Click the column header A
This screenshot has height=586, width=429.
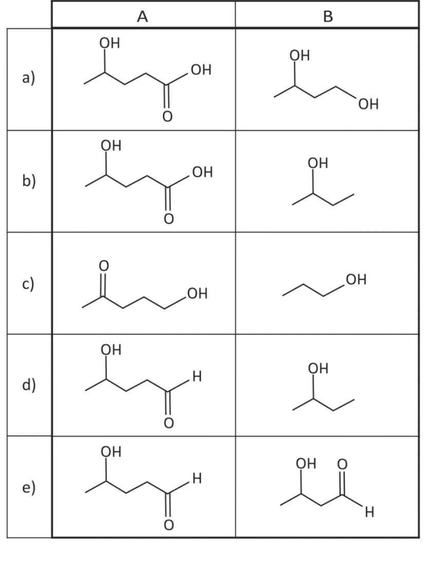[142, 16]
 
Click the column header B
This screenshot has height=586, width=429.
[328, 16]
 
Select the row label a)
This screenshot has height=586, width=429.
[29, 78]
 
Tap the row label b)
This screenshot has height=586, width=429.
[29, 180]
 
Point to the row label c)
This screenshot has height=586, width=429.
[28, 283]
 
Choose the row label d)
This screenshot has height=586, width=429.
[29, 385]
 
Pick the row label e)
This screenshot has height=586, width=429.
[29, 487]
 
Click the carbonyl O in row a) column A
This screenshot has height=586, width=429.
[167, 117]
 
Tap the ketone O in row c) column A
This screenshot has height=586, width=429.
[104, 266]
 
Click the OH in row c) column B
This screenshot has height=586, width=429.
[356, 279]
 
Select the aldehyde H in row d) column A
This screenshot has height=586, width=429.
[197, 376]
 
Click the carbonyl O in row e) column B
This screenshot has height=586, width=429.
[342, 464]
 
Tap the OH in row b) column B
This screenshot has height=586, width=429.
[318, 163]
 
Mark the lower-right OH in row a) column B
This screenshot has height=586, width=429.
[368, 104]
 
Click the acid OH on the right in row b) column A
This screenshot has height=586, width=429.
[202, 172]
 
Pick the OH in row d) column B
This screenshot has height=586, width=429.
[319, 368]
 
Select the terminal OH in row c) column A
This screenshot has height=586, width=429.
[197, 293]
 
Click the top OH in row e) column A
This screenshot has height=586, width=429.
[111, 452]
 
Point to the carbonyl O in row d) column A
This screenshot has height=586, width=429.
[169, 423]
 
